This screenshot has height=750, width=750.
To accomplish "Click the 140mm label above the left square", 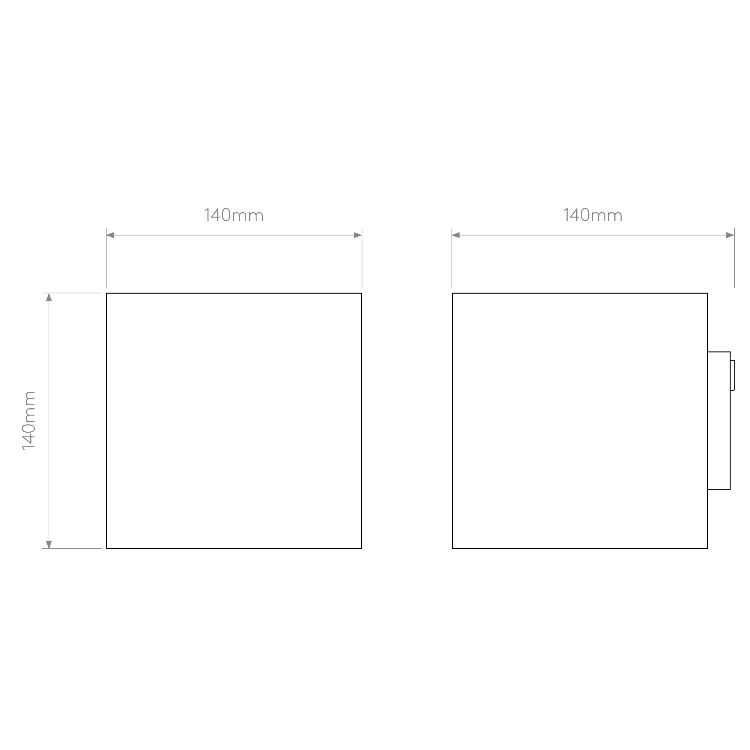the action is point(234,215).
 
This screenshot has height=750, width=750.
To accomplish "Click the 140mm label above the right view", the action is point(593,215).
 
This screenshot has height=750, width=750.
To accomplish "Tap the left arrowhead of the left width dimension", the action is point(110,235).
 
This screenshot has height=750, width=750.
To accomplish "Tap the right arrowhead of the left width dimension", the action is point(358,235).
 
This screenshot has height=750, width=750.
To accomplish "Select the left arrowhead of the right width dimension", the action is point(456,235).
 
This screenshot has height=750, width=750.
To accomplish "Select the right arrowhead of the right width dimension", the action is point(730,235).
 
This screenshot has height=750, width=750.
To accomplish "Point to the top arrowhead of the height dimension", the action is point(49,297).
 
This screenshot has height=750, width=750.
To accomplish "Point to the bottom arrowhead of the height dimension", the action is point(49,544).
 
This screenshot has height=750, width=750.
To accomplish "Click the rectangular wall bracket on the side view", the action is point(719,420).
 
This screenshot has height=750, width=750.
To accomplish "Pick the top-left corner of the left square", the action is point(106,293).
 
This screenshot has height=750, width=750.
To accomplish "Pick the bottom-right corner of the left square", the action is point(361,548).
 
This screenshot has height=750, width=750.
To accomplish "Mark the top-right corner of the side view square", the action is point(707,293).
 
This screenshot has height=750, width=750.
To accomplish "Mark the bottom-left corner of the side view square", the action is point(453,548).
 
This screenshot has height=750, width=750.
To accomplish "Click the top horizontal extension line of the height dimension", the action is point(72,293).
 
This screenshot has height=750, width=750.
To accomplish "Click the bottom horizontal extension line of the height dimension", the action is point(72,548).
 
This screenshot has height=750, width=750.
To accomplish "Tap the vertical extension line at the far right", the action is point(734,258).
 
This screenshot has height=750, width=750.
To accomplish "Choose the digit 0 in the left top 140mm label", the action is point(226,215).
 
